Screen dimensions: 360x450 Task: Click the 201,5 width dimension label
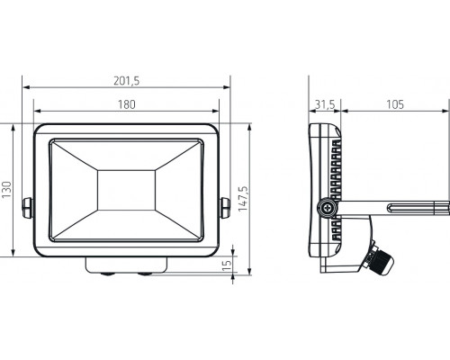coord(126,81)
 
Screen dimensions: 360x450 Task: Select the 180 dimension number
coord(126,104)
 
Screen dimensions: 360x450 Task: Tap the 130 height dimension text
coord(7,190)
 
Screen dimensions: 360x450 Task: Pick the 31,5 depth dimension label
coord(325,104)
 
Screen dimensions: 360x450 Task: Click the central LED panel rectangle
coord(126,190)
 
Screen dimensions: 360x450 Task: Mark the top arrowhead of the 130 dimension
coord(13,126)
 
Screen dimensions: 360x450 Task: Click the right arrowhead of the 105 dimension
coord(445,112)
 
